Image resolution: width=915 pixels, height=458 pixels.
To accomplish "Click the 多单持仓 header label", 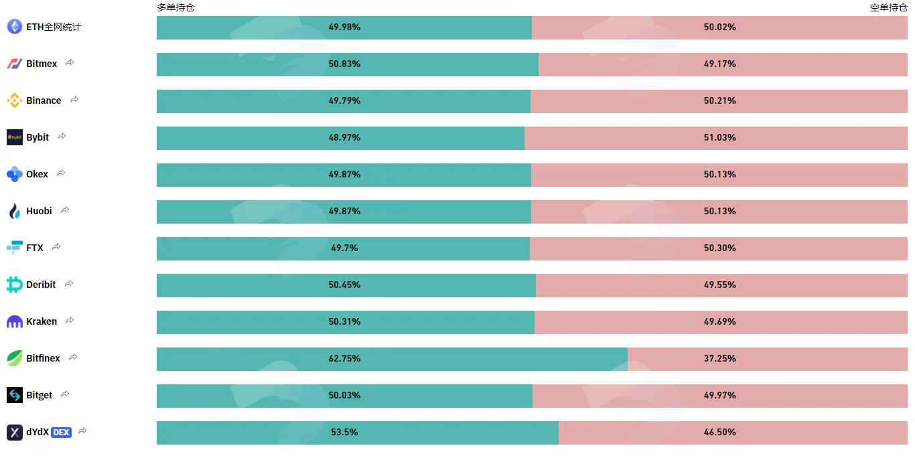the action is pyautogui.click(x=175, y=7).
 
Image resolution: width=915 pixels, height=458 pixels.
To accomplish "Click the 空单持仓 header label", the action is pyautogui.click(x=888, y=7).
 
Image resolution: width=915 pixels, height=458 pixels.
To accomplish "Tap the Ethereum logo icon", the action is pyautogui.click(x=15, y=27).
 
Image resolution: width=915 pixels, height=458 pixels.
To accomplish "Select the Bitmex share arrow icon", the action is pyautogui.click(x=70, y=62).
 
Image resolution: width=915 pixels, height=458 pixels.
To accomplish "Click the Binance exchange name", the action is pyautogui.click(x=44, y=100).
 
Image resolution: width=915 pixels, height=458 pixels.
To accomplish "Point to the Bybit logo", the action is pyautogui.click(x=15, y=137).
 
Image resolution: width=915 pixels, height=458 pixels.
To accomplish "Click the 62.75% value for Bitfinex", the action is pyautogui.click(x=344, y=358).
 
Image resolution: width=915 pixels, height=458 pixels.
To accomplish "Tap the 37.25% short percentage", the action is pyautogui.click(x=720, y=358).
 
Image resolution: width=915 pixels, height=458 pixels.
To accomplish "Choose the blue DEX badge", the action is pyautogui.click(x=61, y=433).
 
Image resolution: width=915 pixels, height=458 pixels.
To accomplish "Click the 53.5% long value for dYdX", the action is pyautogui.click(x=344, y=432).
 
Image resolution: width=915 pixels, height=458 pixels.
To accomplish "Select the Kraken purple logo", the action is pyautogui.click(x=15, y=321).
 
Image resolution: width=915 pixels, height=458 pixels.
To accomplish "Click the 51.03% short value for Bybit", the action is pyautogui.click(x=720, y=137).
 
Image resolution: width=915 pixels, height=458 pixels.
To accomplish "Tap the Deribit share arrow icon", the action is pyautogui.click(x=69, y=283).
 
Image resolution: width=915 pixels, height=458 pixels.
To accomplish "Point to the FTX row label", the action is pyautogui.click(x=35, y=248).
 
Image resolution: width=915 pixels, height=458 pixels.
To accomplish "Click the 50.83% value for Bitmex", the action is pyautogui.click(x=344, y=64).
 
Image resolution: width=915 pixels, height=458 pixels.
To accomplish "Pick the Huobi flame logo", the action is pyautogui.click(x=15, y=211).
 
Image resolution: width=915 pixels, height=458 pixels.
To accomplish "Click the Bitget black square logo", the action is pyautogui.click(x=15, y=395).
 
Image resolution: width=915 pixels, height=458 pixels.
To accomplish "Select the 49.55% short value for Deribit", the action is pyautogui.click(x=720, y=285).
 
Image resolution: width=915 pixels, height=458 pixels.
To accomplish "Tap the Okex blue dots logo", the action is pyautogui.click(x=15, y=174).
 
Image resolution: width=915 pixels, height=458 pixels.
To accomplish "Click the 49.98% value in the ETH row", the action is pyautogui.click(x=344, y=27).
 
